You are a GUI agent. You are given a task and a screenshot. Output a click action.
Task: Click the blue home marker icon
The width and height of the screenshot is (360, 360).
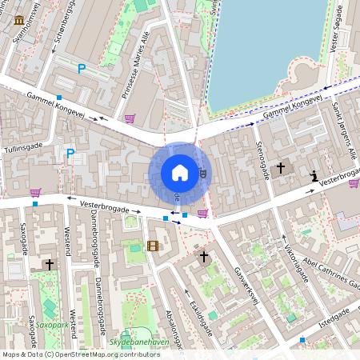[180, 172]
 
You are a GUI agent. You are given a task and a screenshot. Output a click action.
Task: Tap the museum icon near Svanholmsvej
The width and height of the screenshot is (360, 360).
[18, 18]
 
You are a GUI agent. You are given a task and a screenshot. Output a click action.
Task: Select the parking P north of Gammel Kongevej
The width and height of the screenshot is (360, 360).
[81, 70]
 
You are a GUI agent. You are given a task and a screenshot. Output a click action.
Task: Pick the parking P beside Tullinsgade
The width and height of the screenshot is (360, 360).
[70, 153]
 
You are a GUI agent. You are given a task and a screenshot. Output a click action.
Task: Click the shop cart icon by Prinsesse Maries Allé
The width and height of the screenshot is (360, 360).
[130, 118]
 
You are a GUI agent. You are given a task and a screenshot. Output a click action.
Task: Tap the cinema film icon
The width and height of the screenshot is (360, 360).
[153, 246]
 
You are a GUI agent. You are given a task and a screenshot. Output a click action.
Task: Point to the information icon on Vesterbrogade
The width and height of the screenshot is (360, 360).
[315, 176]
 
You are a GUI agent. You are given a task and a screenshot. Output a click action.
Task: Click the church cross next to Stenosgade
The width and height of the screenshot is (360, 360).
[280, 168]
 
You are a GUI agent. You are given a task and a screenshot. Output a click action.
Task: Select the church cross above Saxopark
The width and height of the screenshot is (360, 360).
[49, 263]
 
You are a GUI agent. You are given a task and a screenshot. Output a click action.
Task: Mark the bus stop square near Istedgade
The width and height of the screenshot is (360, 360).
[302, 340]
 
